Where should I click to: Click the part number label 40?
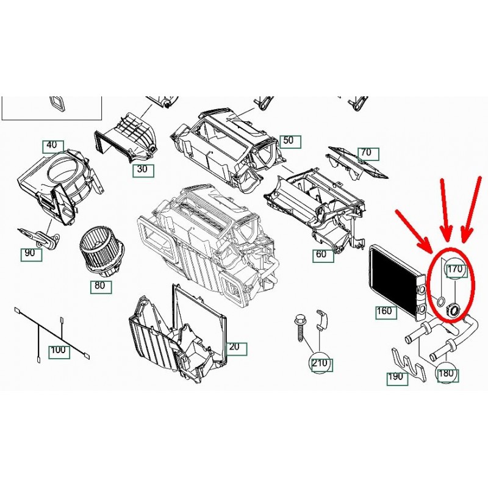[53, 146]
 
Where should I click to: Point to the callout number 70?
[368, 154]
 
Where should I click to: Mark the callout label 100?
[59, 352]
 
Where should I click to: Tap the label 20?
[236, 348]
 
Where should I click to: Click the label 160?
[386, 312]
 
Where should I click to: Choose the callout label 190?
[397, 378]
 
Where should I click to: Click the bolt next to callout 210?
[300, 328]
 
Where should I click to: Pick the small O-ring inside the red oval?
[440, 301]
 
